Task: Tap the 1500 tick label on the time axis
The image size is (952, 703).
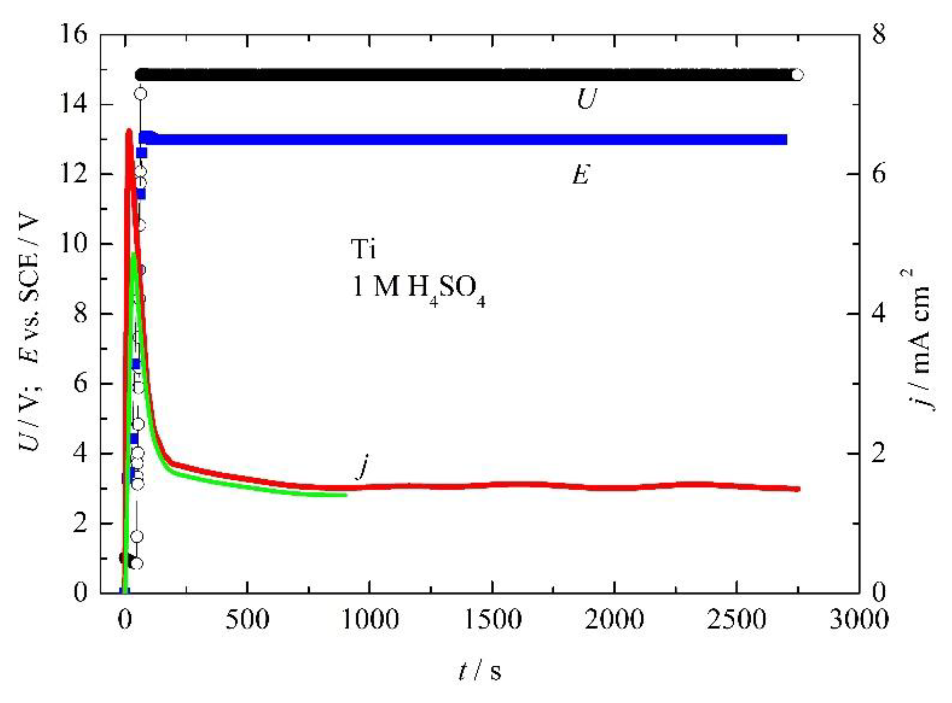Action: [492, 620]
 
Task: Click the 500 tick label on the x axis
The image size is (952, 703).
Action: [247, 620]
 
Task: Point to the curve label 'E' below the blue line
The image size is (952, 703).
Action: [580, 174]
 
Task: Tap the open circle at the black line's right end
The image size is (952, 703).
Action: [798, 75]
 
